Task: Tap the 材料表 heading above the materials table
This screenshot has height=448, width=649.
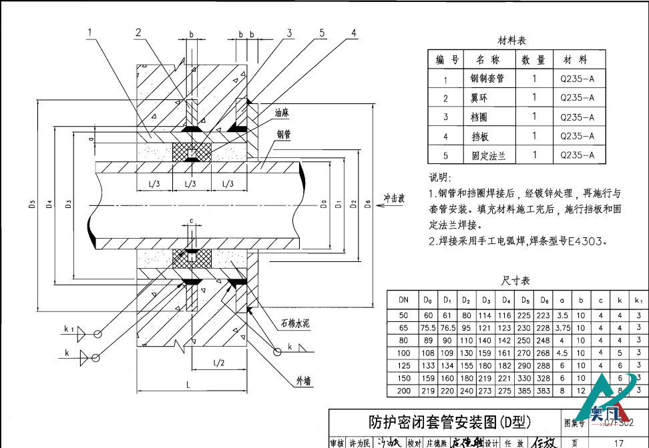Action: click(512, 41)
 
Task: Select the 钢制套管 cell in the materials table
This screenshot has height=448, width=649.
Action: click(487, 79)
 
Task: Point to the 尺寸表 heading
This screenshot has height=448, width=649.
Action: click(515, 280)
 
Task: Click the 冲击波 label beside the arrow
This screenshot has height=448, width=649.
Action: click(395, 198)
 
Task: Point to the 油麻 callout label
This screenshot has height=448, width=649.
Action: click(281, 113)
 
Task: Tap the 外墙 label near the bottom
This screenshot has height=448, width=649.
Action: click(304, 381)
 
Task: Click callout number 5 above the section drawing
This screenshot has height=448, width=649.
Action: click(322, 32)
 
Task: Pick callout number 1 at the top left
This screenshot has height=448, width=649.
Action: click(89, 31)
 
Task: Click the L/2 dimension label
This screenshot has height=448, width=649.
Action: click(218, 363)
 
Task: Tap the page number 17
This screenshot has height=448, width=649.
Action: click(618, 442)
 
